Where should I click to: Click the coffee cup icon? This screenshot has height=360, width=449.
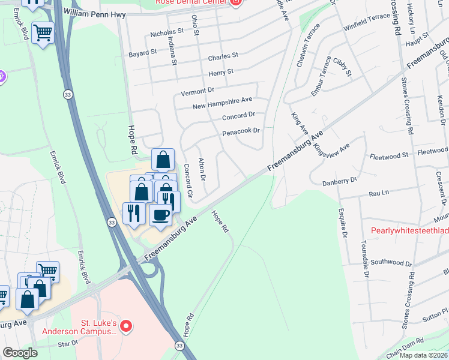click(160, 214)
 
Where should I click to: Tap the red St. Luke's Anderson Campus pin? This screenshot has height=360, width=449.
click(126, 326)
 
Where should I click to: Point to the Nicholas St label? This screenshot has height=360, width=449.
click(167, 31)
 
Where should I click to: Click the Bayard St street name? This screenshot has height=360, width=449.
click(142, 53)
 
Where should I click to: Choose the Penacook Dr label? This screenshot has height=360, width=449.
click(241, 131)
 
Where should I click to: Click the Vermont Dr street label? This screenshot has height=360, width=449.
click(197, 91)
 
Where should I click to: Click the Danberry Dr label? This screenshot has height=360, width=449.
click(339, 180)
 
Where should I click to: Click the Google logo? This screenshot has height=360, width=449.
click(20, 353)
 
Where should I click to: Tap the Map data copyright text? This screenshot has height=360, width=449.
click(422, 355)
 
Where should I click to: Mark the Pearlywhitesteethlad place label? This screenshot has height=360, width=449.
click(409, 230)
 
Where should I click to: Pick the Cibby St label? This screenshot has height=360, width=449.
click(342, 68)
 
